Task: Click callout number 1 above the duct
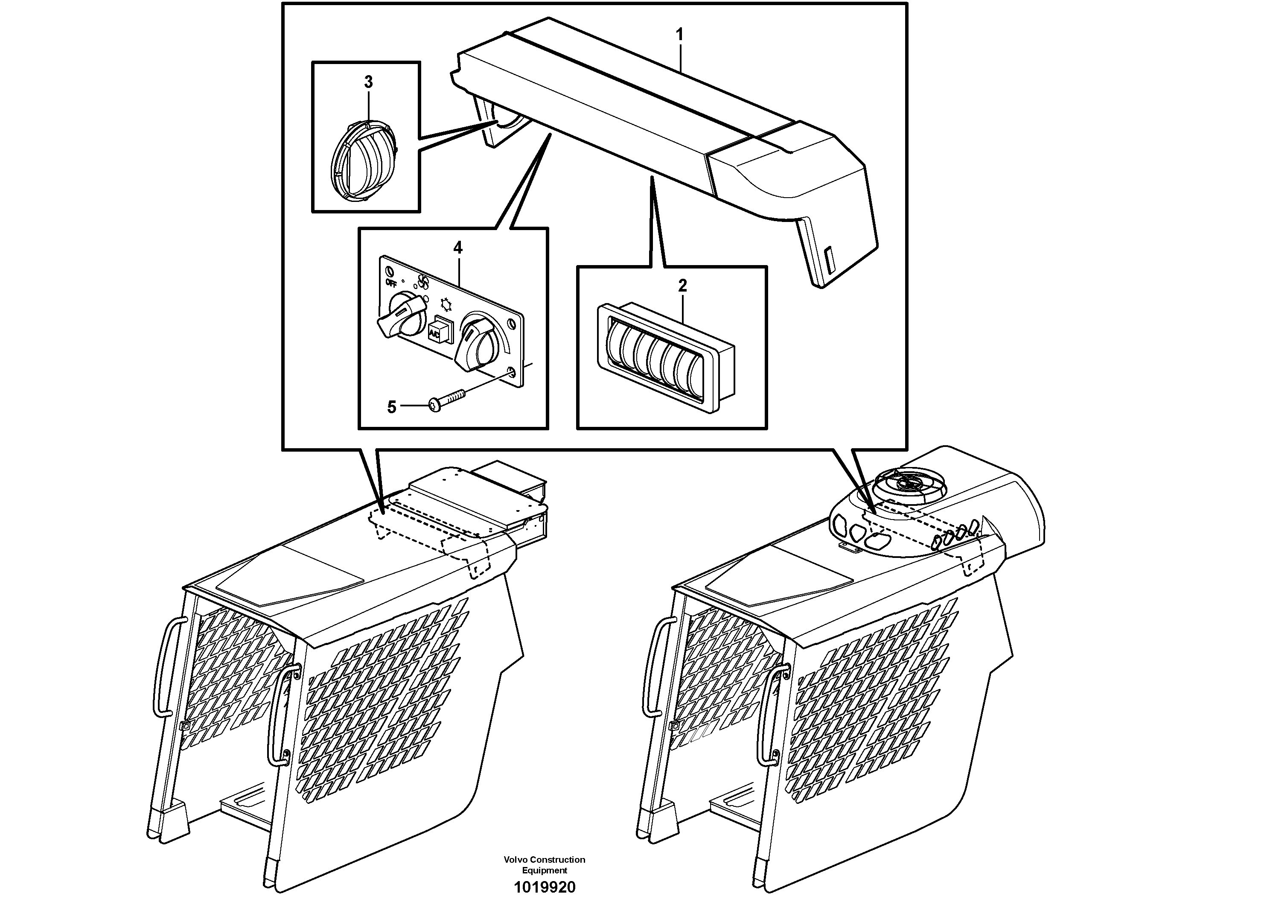(x=679, y=34)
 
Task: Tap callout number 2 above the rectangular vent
(x=682, y=286)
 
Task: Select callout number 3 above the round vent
(x=369, y=82)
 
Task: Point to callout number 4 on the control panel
(x=457, y=248)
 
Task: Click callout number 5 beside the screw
(x=392, y=407)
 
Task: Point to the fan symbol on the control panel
(x=423, y=282)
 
